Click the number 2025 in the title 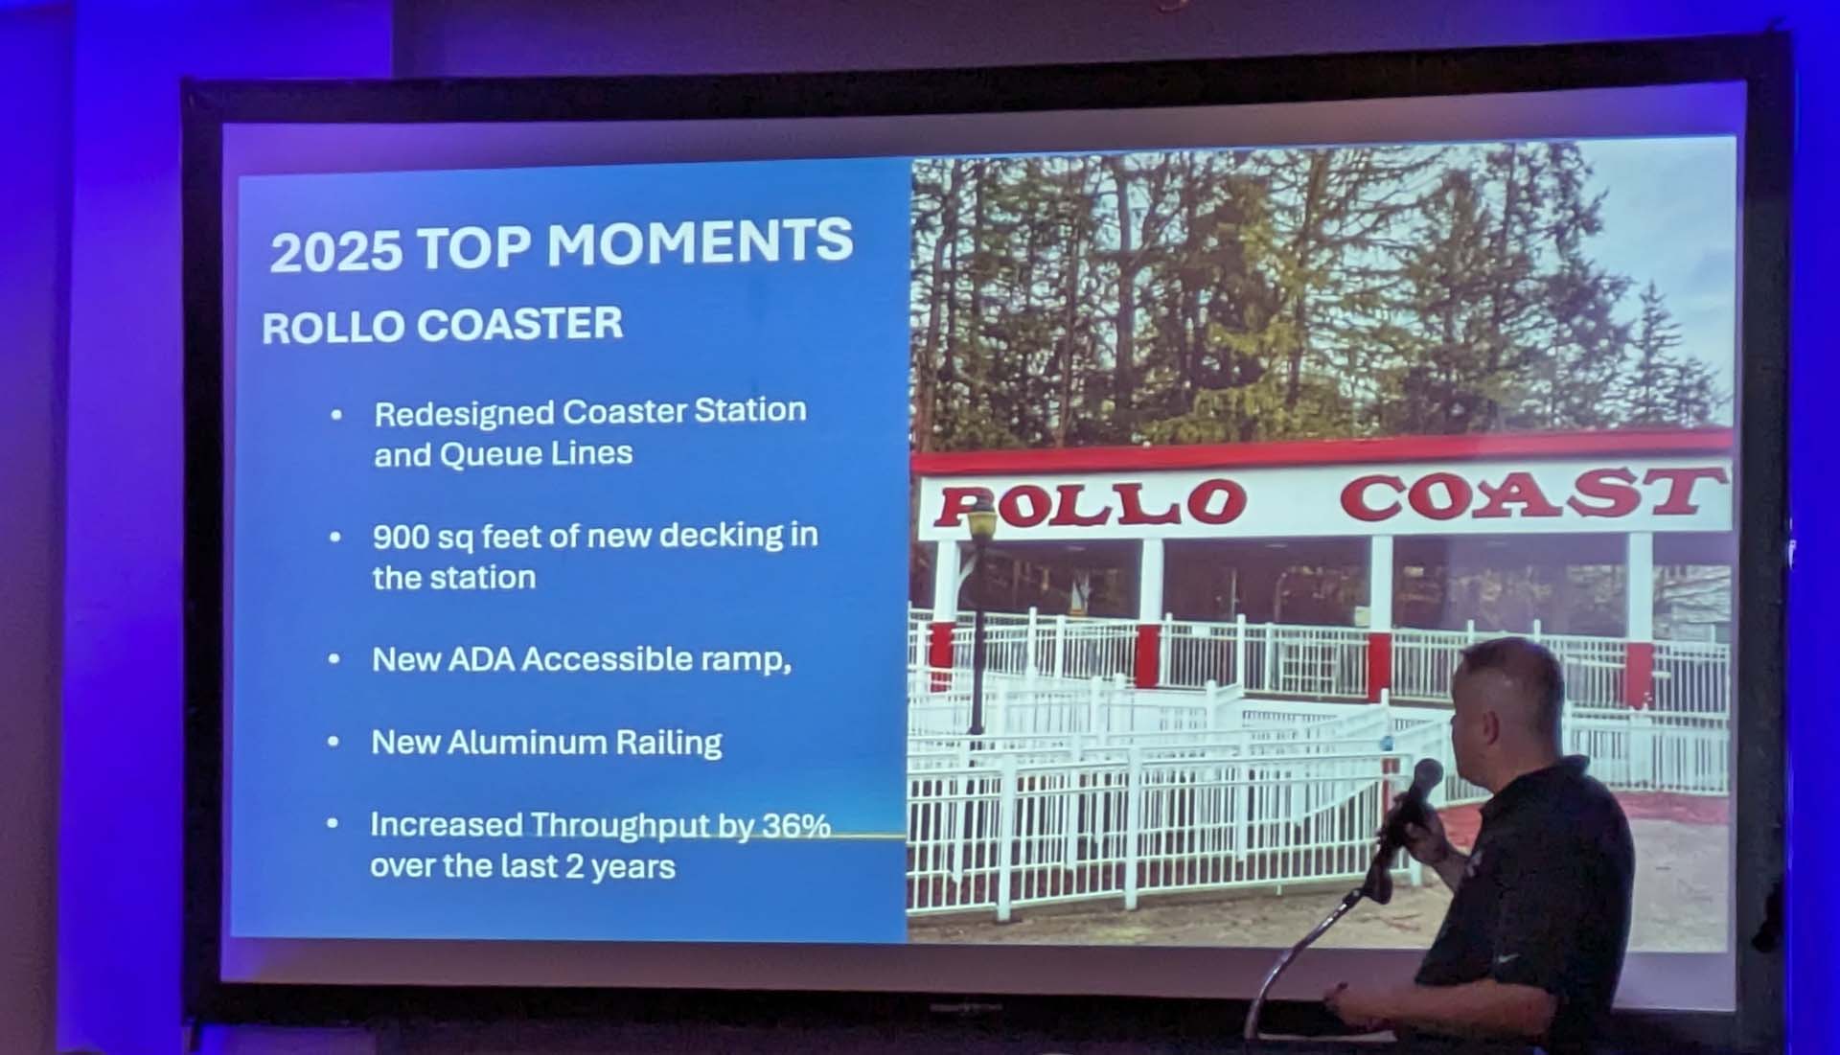click(x=335, y=251)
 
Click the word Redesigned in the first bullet click(x=464, y=414)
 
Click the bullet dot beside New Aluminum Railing click(x=333, y=742)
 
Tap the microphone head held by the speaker click(x=1425, y=777)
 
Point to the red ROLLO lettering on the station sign click(x=1091, y=504)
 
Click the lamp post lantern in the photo click(x=981, y=523)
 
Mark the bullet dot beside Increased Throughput click(x=333, y=823)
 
